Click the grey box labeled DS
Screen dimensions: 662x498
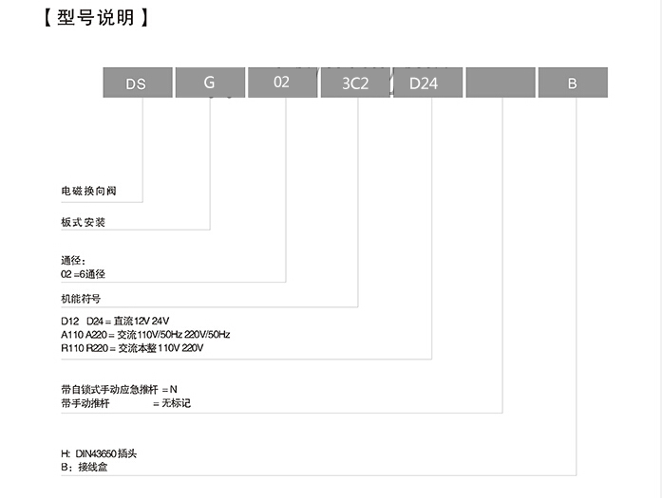[x=138, y=83]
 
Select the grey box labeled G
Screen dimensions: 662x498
[x=210, y=83]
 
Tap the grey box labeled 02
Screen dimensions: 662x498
[x=282, y=83]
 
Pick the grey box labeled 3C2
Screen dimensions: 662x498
[x=355, y=83]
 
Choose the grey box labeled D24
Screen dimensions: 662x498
[x=427, y=83]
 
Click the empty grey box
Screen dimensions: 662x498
[x=501, y=83]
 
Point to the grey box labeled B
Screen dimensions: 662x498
[x=573, y=83]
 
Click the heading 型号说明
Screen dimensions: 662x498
[x=96, y=18]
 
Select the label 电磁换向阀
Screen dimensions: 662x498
[x=88, y=191]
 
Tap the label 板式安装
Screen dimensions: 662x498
[x=84, y=222]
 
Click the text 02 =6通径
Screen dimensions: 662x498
[x=83, y=274]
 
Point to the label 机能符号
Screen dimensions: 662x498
[x=81, y=299]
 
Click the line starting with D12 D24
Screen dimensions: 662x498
[x=115, y=322]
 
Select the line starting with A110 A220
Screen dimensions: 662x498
[x=145, y=335]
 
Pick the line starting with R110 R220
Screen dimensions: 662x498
[x=132, y=348]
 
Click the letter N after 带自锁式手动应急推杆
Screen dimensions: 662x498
[x=174, y=390]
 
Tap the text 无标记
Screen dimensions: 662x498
[x=176, y=403]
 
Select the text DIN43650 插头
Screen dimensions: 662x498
[x=106, y=453]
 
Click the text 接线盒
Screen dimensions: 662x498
[x=93, y=468]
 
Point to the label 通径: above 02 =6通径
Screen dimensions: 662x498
[x=73, y=261]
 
